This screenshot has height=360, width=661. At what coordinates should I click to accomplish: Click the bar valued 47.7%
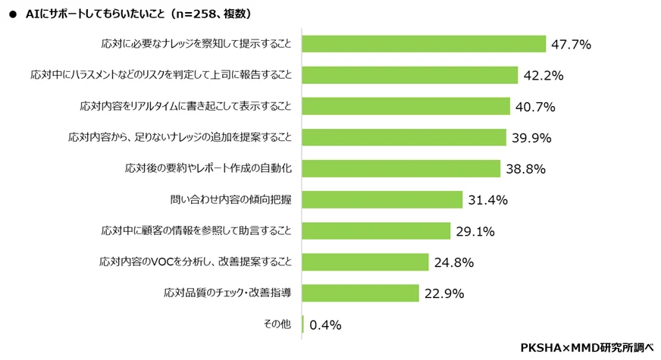(x=424, y=44)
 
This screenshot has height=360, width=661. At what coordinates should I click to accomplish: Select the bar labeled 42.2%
(x=410, y=75)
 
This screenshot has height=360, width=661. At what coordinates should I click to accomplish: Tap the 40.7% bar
(x=406, y=106)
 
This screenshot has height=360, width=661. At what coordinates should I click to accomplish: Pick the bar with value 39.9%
(x=404, y=137)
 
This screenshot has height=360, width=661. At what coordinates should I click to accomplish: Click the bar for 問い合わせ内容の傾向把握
(x=382, y=199)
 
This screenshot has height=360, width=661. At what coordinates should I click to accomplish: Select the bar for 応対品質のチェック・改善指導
(x=361, y=293)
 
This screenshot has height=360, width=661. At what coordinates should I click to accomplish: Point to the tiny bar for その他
(x=303, y=324)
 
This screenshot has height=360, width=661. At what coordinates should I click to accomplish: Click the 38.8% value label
(x=525, y=169)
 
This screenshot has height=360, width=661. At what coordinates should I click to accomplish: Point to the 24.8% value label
(x=454, y=262)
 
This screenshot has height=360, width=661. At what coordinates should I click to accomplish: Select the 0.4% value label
(x=325, y=324)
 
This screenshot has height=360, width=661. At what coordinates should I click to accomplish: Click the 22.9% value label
(x=444, y=293)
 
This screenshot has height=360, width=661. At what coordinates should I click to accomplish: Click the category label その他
(x=277, y=324)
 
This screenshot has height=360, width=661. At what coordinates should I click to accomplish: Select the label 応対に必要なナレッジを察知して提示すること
(x=196, y=44)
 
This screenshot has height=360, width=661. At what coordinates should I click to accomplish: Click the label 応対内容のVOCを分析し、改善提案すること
(x=196, y=261)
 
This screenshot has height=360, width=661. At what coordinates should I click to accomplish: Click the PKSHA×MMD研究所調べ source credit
(x=586, y=347)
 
